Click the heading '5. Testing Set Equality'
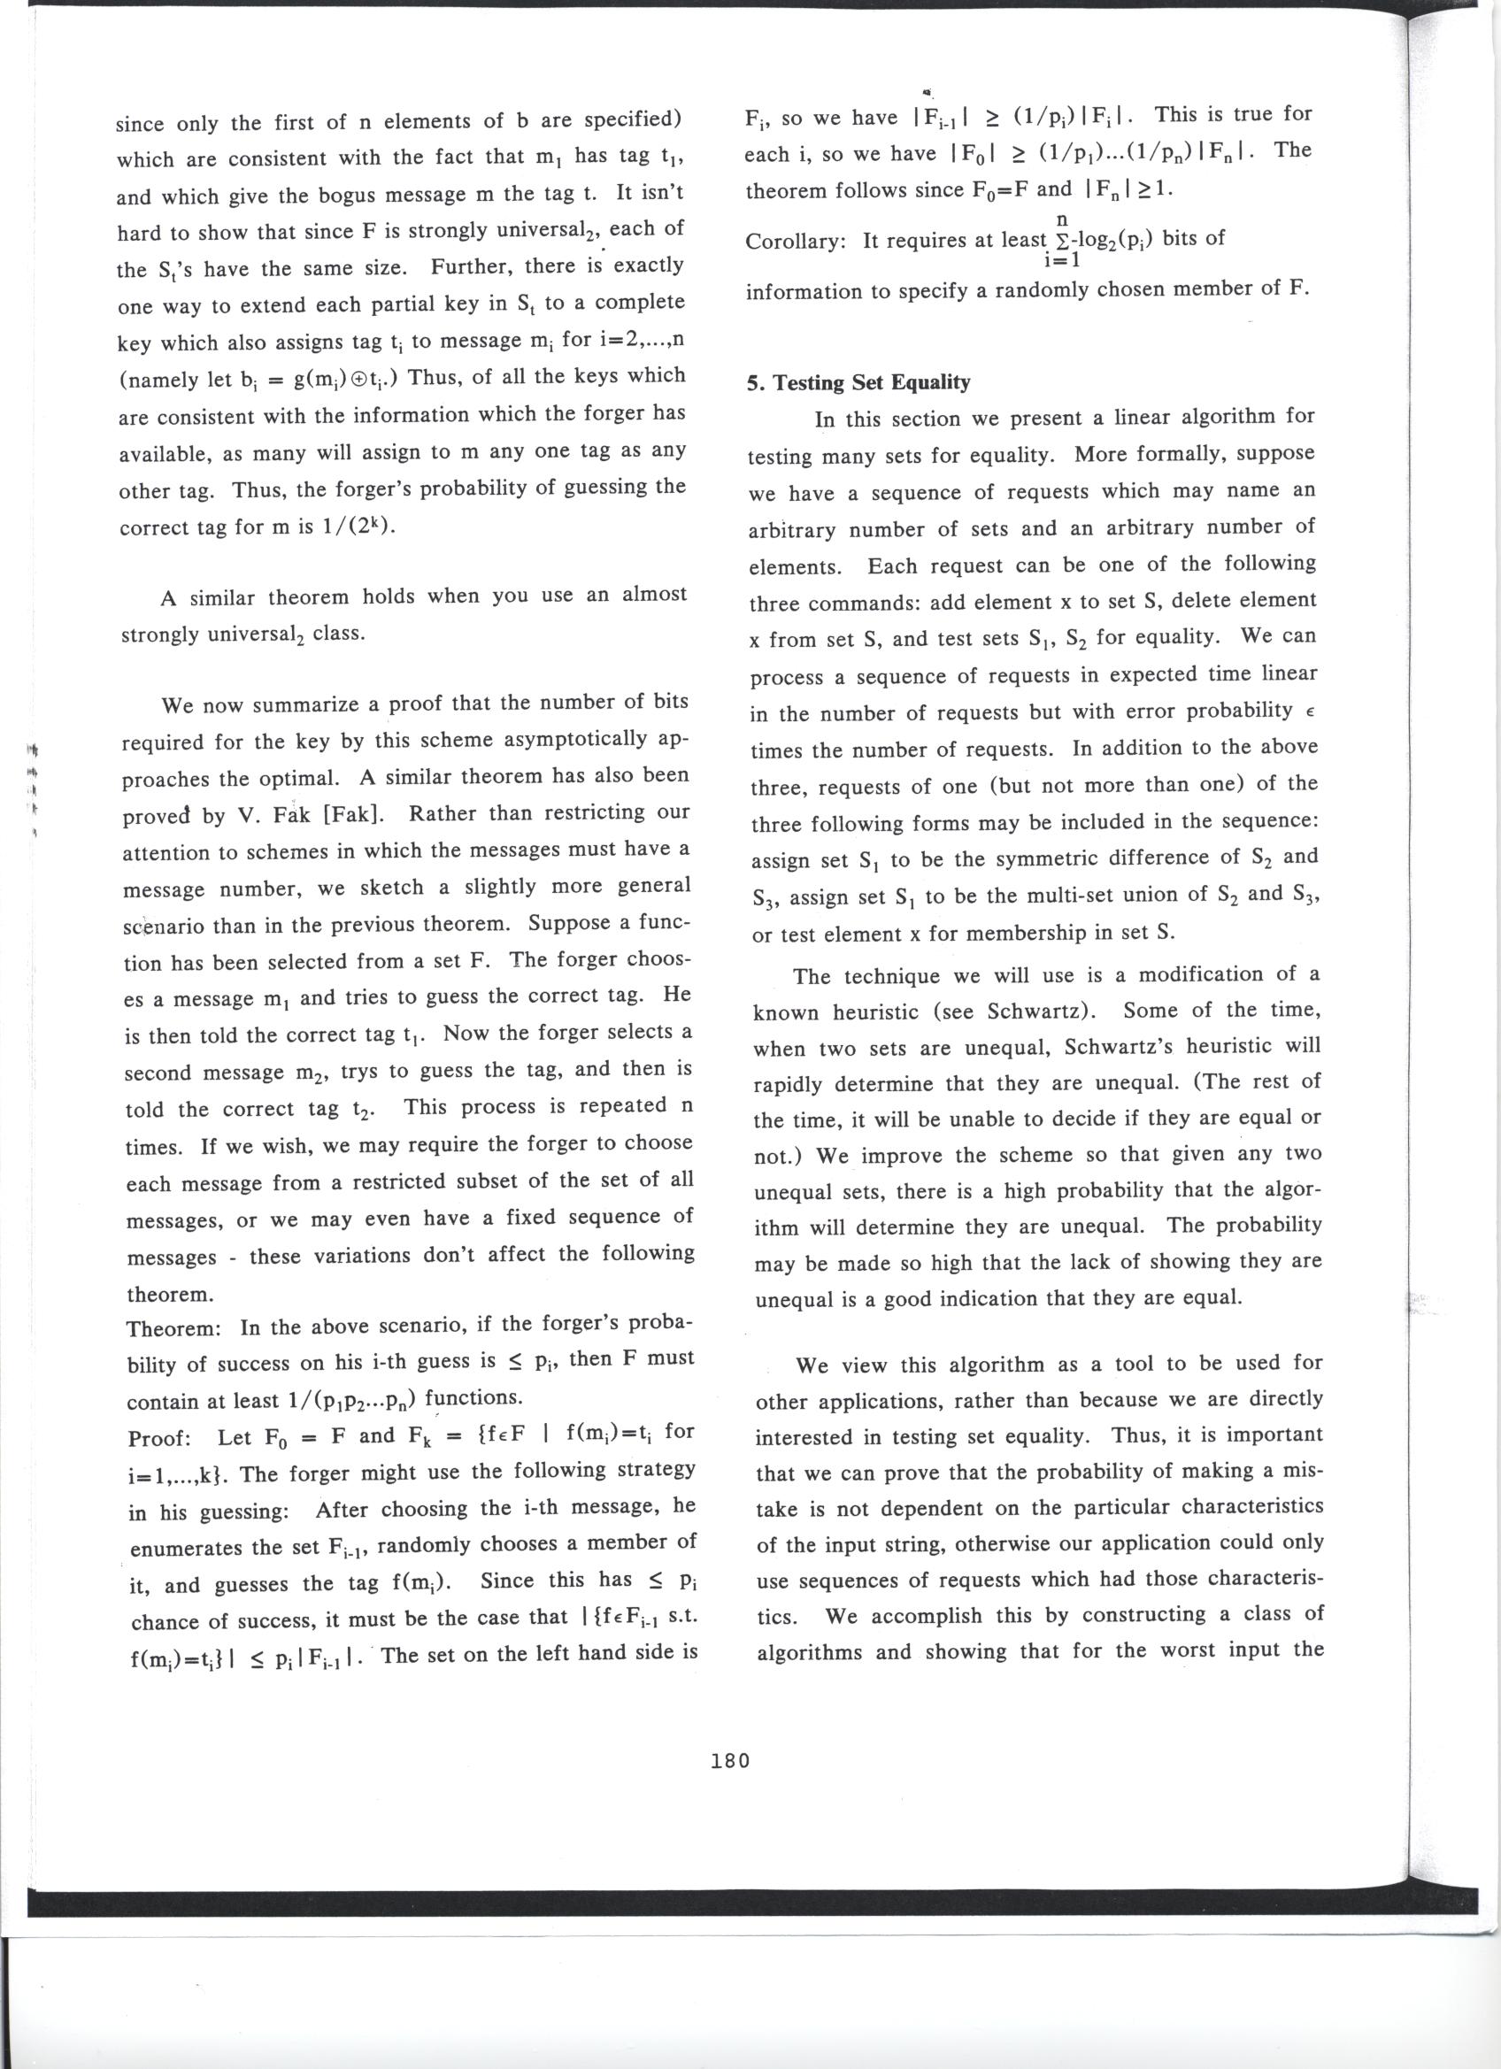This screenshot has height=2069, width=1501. point(858,382)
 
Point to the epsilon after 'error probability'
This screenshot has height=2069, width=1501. point(1312,712)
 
